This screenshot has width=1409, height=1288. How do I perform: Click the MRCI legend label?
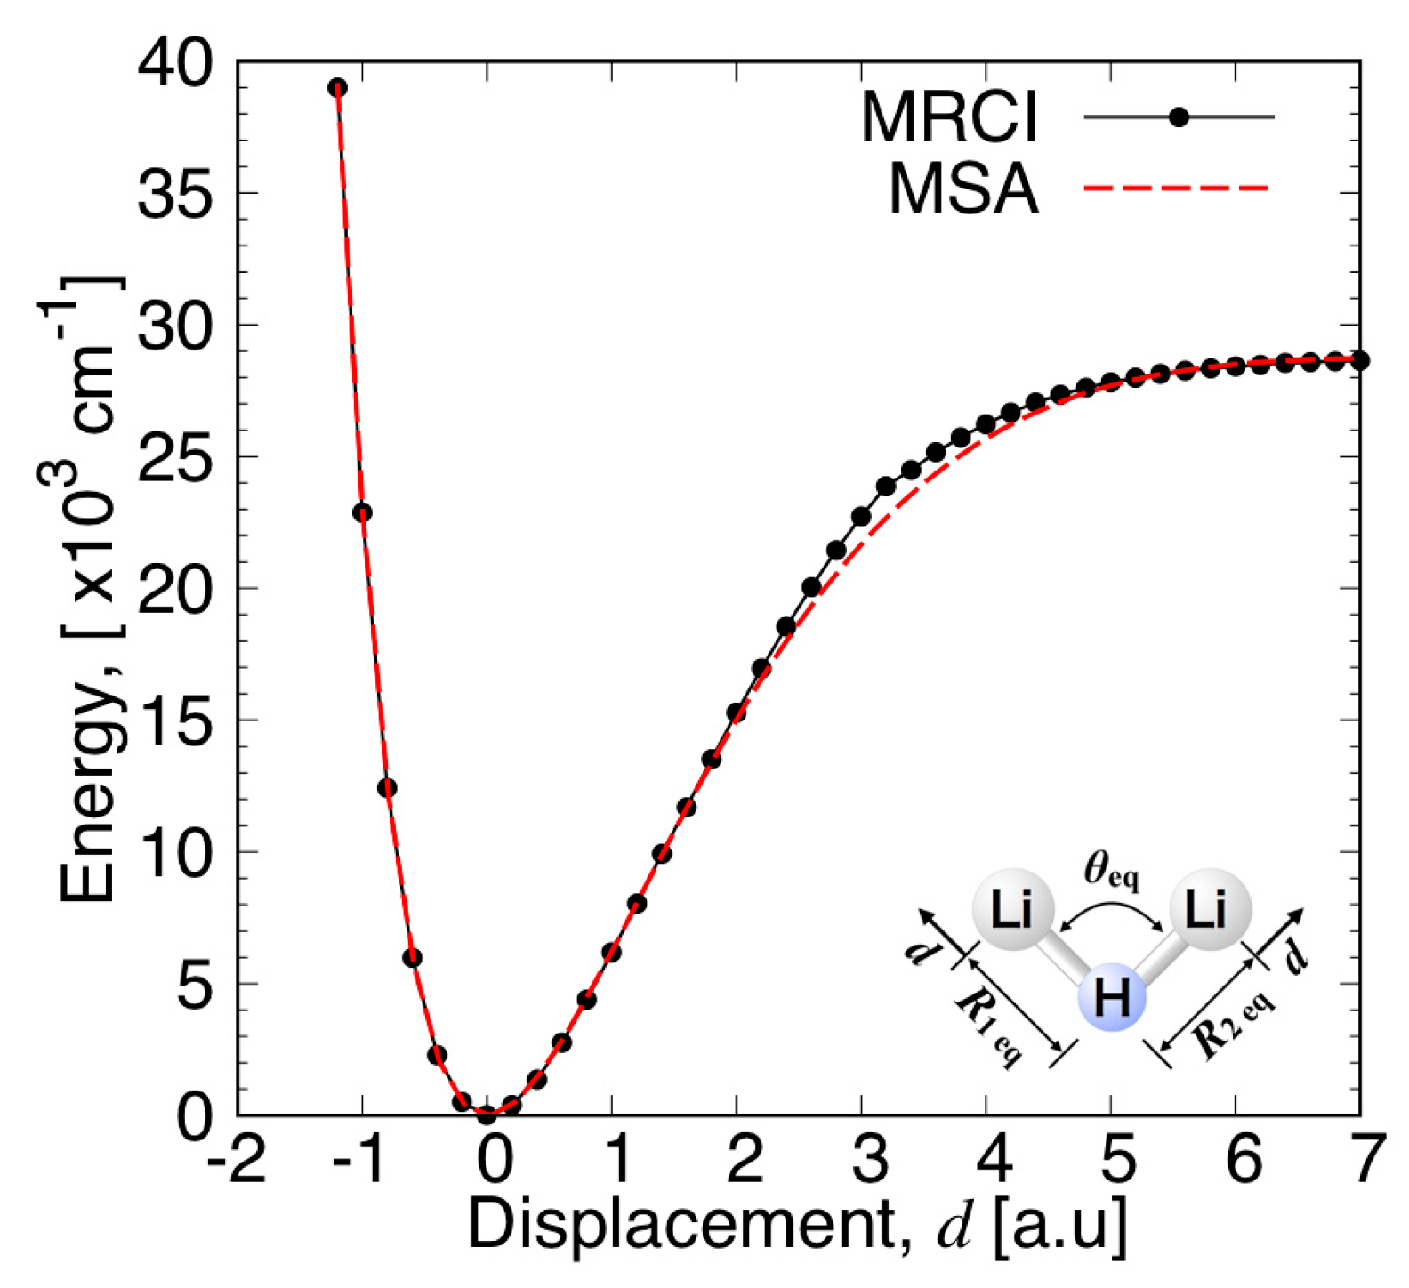949,118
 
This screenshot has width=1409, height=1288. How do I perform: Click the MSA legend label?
963,189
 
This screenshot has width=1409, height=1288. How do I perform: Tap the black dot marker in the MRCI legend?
1179,117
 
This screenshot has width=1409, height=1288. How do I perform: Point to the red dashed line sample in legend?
1176,189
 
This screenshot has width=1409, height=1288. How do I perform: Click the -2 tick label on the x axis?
237,1161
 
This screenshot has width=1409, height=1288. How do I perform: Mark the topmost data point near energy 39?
337,88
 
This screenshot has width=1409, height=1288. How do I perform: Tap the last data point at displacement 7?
1359,361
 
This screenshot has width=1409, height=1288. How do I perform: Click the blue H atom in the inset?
1111,997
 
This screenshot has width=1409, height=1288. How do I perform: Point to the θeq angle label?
1111,869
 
